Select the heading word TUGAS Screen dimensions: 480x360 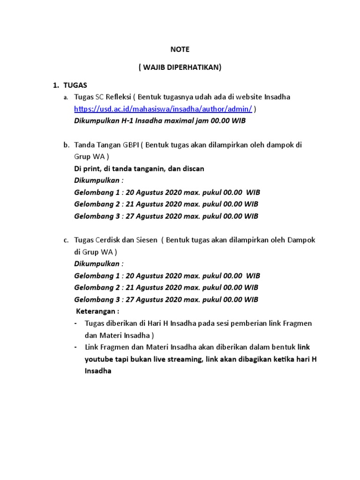(75, 85)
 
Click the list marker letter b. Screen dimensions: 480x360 (66, 145)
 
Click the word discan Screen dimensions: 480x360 (193, 169)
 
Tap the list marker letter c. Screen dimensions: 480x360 (66, 240)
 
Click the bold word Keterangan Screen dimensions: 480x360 (97, 312)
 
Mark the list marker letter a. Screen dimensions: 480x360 (66, 97)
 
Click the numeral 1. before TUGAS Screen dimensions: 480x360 (55, 85)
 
